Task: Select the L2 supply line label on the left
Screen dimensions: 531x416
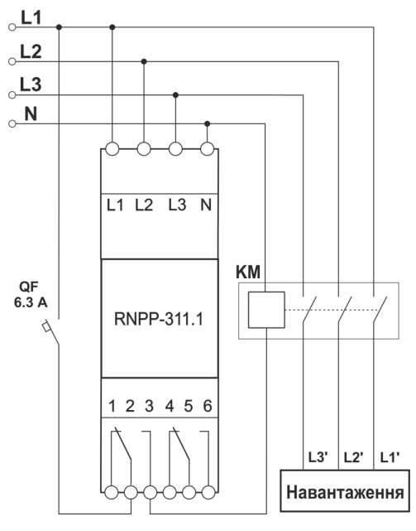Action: pos(31,52)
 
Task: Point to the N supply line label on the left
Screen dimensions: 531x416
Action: pos(31,114)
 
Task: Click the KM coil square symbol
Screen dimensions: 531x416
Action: pos(265,311)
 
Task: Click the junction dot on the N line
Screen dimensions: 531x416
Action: pos(207,124)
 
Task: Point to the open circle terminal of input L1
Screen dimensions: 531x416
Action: pos(12,27)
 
